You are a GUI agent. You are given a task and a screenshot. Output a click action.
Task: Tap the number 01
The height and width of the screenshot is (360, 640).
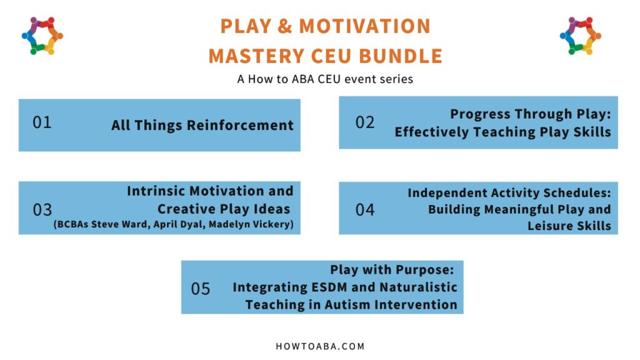[x=42, y=122]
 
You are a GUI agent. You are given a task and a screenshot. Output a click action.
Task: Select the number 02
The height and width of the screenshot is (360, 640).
[x=365, y=122]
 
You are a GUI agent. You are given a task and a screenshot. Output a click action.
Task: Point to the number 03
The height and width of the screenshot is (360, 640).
[x=42, y=210]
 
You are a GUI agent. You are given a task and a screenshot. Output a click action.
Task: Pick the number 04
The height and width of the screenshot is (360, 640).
[x=365, y=210]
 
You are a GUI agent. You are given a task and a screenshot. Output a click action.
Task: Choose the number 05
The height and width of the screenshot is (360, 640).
[x=201, y=289]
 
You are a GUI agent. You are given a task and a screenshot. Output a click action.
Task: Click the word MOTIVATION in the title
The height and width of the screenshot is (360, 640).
[x=365, y=26]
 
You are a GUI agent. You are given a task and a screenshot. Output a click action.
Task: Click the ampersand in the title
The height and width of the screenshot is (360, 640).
[x=285, y=26]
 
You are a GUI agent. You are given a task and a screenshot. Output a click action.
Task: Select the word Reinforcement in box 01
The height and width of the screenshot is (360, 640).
[x=240, y=125]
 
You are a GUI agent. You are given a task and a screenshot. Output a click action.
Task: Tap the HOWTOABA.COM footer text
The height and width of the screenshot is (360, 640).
[x=320, y=346]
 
